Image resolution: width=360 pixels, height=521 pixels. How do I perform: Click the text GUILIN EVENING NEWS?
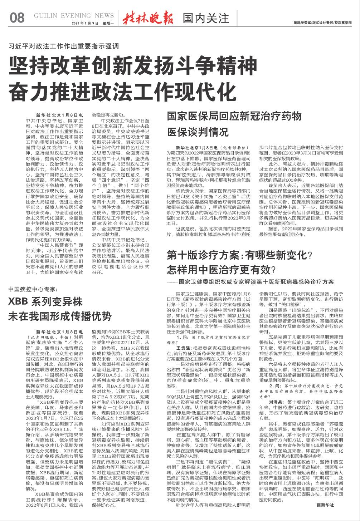pyautogui.click(x=74, y=15)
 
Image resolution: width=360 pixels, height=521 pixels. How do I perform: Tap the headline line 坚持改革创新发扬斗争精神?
pyautogui.click(x=133, y=66)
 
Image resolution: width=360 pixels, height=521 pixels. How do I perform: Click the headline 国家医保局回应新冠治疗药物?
pyautogui.click(x=235, y=117)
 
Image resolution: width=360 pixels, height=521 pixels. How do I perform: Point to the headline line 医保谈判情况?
pyautogui.click(x=198, y=132)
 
